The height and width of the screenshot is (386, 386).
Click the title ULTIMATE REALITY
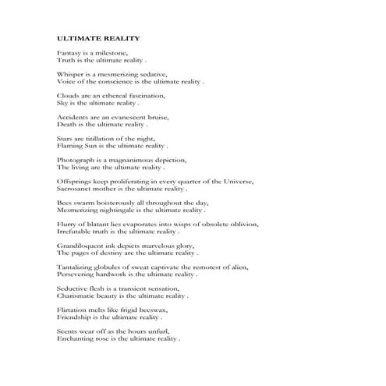pyautogui.click(x=98, y=37)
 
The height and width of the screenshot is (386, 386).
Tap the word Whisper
pyautogui.click(x=71, y=73)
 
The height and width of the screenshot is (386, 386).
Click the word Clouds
pyautogui.click(x=69, y=95)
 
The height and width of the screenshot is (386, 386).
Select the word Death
pyautogui.click(x=67, y=124)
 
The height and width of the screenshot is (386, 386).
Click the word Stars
pyautogui.click(x=66, y=138)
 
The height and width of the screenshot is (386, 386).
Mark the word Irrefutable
pyautogui.click(x=76, y=232)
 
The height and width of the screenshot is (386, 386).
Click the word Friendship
pyautogui.click(x=76, y=318)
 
